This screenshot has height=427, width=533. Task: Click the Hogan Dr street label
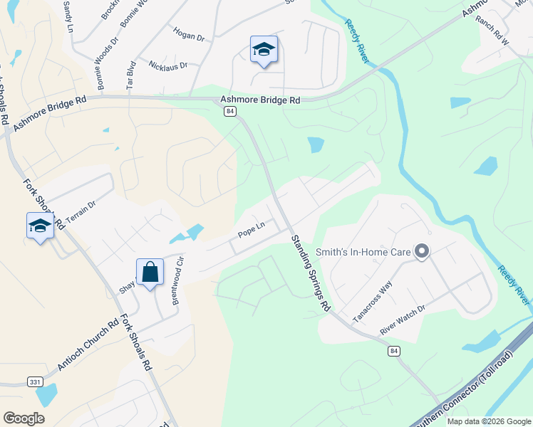tap(188, 33)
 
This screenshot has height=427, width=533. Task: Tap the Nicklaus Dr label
tap(168, 65)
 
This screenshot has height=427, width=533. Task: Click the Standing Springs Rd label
tap(311, 273)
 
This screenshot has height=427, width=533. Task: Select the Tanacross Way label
tap(373, 300)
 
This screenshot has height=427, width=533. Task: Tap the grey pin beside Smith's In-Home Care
tap(422, 251)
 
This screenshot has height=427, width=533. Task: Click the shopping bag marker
tap(150, 272)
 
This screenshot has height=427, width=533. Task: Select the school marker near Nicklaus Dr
tap(264, 50)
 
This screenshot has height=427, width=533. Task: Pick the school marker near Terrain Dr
tap(40, 226)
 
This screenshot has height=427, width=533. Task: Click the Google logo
tap(24, 418)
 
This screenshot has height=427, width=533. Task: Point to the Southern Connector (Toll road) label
tap(463, 398)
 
